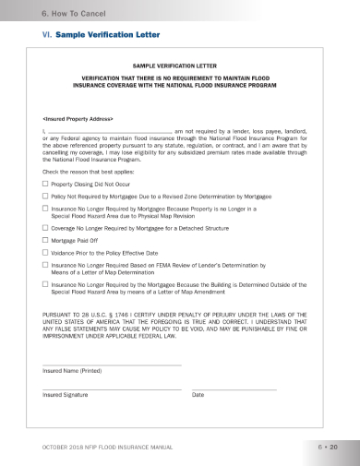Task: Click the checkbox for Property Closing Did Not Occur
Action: tap(45, 185)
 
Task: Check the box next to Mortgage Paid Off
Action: tap(45, 239)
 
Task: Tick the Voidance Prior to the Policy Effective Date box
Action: tap(45, 252)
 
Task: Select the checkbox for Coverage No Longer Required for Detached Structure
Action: tap(45, 226)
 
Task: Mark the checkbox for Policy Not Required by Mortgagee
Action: tap(45, 197)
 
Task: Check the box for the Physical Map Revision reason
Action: tap(45, 209)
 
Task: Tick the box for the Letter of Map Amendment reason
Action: tap(45, 286)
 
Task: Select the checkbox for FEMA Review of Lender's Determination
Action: tap(45, 265)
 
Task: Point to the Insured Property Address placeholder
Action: tap(78, 119)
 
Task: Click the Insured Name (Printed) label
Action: tap(72, 371)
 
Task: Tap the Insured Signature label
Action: tap(66, 395)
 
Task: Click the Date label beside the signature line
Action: tap(198, 395)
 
